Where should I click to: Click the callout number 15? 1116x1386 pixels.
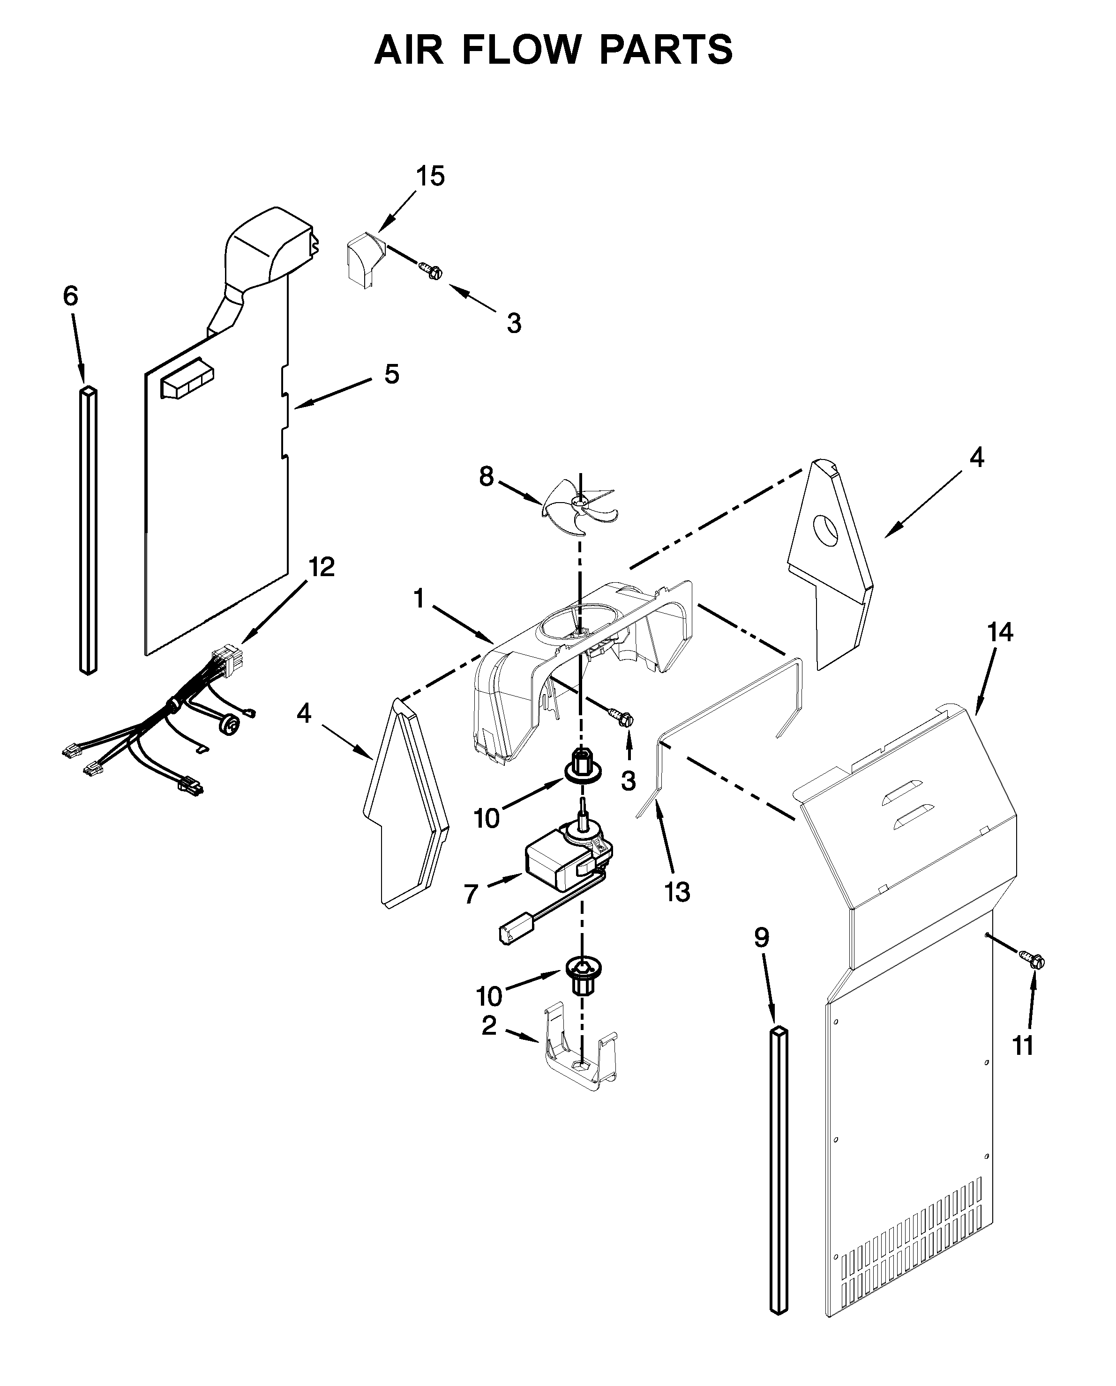(x=430, y=176)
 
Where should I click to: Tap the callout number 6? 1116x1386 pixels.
(x=71, y=296)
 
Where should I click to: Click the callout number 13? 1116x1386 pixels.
(x=677, y=892)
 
